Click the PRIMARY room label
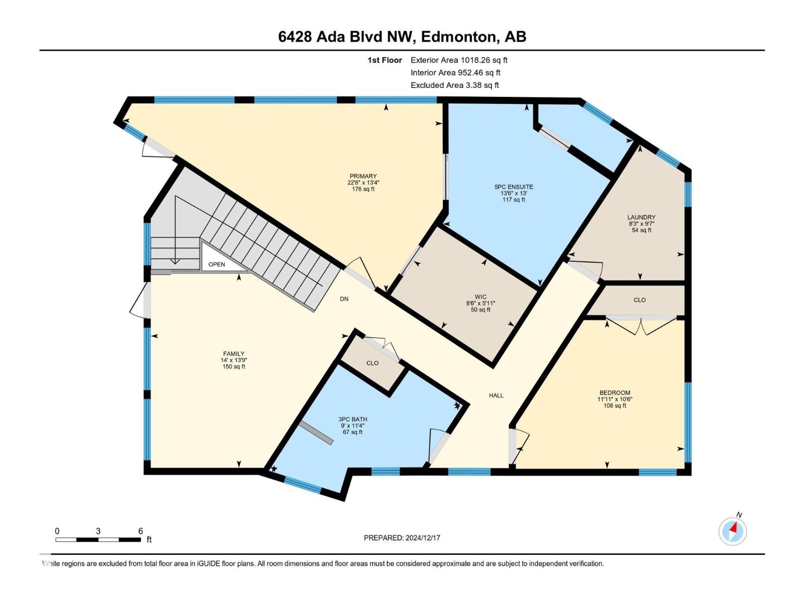[x=363, y=176]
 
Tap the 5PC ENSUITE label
[x=513, y=187]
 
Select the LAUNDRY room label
[x=641, y=218]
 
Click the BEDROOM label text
[x=614, y=393]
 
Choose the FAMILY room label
[x=233, y=354]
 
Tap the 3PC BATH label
[x=352, y=419]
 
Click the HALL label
[x=496, y=395]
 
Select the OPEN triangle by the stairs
[x=217, y=264]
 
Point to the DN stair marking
[x=344, y=299]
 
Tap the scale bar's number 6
[x=141, y=531]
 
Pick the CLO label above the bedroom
[x=639, y=300]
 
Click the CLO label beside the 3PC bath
[x=372, y=363]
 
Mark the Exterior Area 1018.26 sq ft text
[x=459, y=60]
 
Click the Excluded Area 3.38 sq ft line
[x=454, y=85]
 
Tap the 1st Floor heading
[x=385, y=60]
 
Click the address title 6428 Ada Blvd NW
[x=345, y=37]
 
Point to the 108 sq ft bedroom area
[x=614, y=406]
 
